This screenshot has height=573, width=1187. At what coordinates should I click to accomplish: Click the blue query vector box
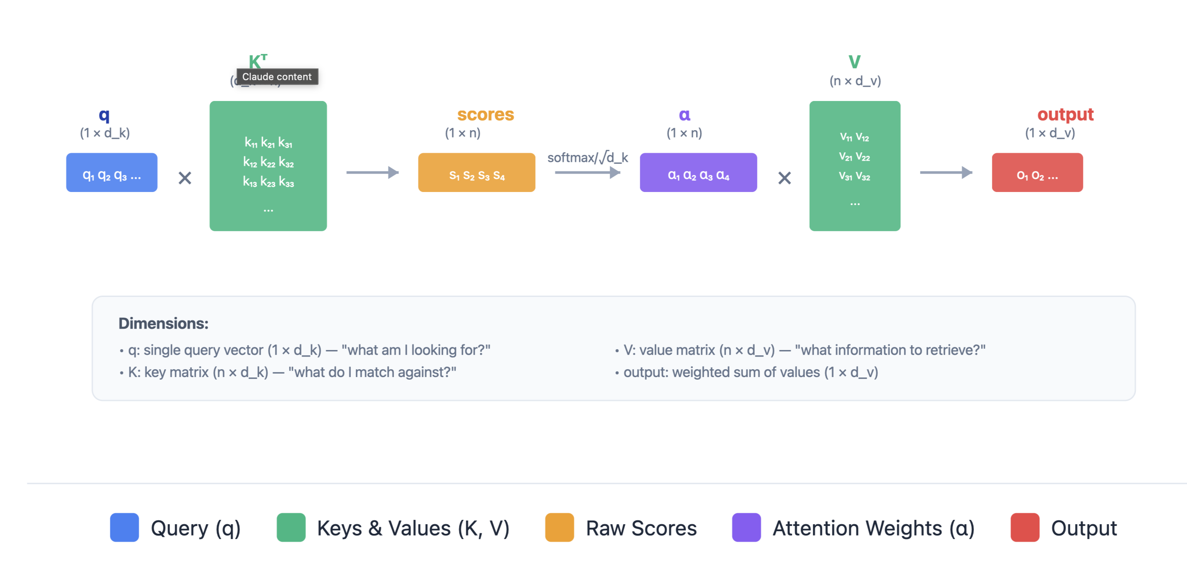tap(112, 172)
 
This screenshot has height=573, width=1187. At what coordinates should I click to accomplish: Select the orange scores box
tap(476, 172)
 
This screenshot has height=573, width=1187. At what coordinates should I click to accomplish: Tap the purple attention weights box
tap(698, 172)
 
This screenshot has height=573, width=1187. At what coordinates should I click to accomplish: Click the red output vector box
tap(1037, 172)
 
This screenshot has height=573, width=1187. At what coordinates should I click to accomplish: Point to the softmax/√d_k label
tap(587, 158)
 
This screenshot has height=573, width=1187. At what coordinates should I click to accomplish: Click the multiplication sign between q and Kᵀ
tap(185, 178)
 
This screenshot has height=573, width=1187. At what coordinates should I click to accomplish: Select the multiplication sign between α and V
tap(784, 178)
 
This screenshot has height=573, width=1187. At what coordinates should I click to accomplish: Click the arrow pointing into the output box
tap(946, 172)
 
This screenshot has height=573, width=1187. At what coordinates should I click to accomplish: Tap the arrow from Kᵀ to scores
tap(372, 172)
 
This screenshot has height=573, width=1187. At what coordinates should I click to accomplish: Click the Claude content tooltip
tap(277, 77)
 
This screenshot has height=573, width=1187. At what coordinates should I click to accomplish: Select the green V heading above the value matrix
tap(855, 62)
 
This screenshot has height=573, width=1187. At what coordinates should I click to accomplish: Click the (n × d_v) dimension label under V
tap(855, 81)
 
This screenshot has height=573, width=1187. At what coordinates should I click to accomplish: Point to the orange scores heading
tap(485, 114)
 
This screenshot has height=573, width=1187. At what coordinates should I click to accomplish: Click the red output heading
tap(1065, 114)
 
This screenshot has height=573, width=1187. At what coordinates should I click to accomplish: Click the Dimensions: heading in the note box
tap(163, 324)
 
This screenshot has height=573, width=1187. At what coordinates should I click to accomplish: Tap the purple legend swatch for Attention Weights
tap(746, 527)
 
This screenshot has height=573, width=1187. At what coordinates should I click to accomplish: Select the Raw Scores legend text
tap(641, 528)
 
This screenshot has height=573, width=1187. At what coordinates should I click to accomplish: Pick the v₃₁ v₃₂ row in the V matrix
tap(855, 176)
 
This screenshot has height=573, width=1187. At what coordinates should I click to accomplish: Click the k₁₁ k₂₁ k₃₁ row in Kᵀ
tap(268, 143)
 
